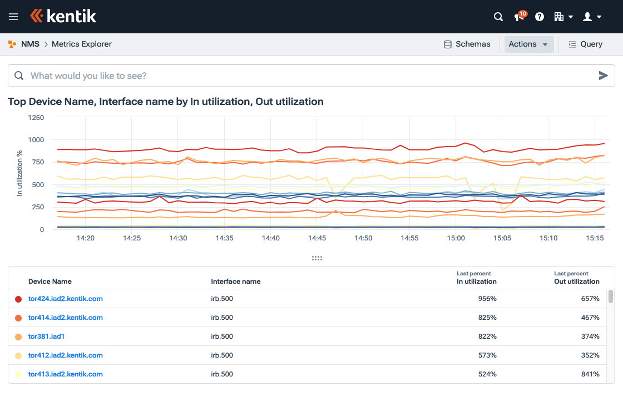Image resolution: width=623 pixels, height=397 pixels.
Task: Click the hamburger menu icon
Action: point(13,17)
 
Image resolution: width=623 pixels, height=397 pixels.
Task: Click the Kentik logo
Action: point(63,16)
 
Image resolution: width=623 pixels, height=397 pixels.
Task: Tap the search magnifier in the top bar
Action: point(498,17)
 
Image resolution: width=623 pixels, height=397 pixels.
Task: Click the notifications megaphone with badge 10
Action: point(520,17)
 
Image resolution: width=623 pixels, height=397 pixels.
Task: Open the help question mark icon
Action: point(539,17)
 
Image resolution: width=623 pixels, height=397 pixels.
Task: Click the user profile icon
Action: point(591,17)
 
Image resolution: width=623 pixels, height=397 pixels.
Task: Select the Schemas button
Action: point(467,44)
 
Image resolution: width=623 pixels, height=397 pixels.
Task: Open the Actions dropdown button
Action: point(528,44)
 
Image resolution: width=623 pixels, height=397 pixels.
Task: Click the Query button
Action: point(585,44)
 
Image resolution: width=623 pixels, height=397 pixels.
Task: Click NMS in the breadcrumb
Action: point(30,44)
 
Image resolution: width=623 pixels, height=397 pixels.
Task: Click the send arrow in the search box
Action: point(603,76)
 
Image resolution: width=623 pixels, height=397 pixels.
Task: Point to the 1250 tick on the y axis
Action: point(36,118)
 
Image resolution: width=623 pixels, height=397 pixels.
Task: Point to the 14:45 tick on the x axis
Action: point(317,238)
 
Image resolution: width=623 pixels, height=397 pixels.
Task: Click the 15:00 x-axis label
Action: point(456,238)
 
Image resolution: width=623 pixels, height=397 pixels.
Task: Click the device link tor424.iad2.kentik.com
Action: point(66,299)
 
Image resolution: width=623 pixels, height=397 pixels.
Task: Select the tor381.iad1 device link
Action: point(47,336)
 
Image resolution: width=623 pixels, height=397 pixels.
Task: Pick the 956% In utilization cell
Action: point(487,299)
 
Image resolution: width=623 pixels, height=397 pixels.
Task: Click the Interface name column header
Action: point(236,282)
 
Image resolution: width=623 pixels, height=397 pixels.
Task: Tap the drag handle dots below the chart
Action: point(317,258)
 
